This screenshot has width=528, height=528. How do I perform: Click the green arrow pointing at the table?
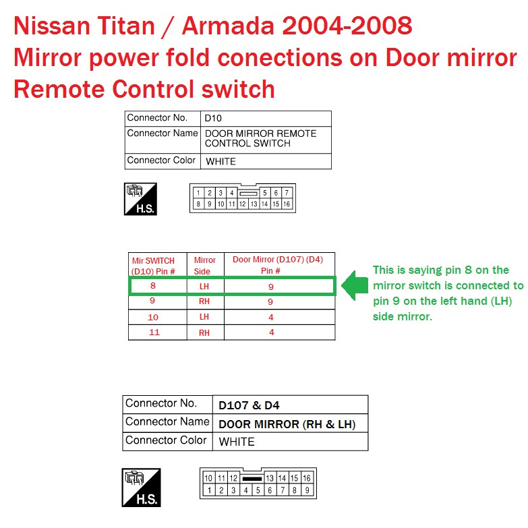click(x=355, y=285)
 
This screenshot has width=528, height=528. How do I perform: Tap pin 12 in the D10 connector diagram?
click(x=243, y=204)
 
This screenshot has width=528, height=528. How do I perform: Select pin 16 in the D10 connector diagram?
click(x=287, y=204)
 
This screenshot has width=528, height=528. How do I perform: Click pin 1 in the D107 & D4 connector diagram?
click(x=209, y=490)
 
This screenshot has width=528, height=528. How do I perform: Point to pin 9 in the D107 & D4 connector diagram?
click(x=307, y=490)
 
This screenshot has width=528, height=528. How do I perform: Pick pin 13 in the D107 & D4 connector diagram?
click(x=270, y=478)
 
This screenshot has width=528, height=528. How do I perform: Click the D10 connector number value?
click(x=213, y=118)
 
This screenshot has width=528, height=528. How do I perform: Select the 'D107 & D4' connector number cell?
click(x=250, y=405)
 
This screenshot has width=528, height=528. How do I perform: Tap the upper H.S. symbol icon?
click(x=140, y=199)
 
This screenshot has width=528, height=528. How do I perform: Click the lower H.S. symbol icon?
click(x=141, y=488)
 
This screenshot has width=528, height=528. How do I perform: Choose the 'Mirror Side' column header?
click(x=204, y=266)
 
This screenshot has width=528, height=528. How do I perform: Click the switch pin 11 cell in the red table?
click(x=154, y=332)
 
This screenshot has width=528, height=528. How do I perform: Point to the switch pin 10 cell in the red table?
click(x=153, y=317)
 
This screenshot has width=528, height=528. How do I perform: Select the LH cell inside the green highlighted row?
click(x=204, y=287)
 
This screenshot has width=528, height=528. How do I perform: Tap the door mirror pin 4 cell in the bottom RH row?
click(x=271, y=332)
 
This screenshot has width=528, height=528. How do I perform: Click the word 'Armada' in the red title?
click(x=228, y=26)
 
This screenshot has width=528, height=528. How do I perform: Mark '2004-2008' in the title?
click(x=347, y=26)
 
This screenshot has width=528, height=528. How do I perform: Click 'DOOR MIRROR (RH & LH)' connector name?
click(x=287, y=424)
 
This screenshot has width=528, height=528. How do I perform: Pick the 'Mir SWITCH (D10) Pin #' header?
click(x=153, y=266)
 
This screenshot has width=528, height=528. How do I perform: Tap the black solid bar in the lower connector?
click(x=252, y=479)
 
